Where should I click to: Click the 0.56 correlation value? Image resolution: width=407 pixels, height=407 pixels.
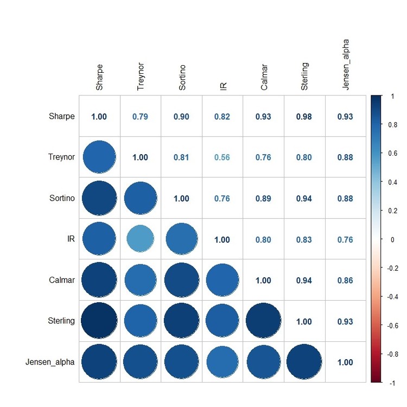pyautogui.click(x=222, y=157)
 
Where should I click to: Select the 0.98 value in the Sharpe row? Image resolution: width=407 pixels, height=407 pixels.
pyautogui.click(x=304, y=117)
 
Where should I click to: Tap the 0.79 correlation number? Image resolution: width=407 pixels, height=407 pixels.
pyautogui.click(x=140, y=117)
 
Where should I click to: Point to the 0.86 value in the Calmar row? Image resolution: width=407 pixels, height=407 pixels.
pyautogui.click(x=345, y=281)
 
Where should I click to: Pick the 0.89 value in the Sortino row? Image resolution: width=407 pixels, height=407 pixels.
pyautogui.click(x=263, y=199)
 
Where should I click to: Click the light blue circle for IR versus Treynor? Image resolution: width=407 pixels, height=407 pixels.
pyautogui.click(x=140, y=239)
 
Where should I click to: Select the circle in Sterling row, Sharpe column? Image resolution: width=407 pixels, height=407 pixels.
pyautogui.click(x=99, y=321)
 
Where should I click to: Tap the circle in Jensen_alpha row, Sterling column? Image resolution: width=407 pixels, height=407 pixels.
pyautogui.click(x=304, y=361)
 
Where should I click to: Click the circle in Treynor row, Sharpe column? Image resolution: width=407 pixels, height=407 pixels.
pyautogui.click(x=99, y=157)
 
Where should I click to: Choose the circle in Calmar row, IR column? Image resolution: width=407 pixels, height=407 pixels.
pyautogui.click(x=222, y=280)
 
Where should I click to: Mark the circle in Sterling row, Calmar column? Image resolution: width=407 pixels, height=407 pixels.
pyautogui.click(x=263, y=321)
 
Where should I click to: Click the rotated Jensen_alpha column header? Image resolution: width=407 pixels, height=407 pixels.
pyautogui.click(x=345, y=65)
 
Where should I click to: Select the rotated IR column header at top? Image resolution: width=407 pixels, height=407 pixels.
pyautogui.click(x=223, y=86)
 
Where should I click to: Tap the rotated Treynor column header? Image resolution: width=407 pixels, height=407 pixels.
pyautogui.click(x=140, y=77)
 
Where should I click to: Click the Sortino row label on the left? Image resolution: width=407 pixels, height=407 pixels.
pyautogui.click(x=62, y=198)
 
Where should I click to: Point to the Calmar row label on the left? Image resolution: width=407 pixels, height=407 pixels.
pyautogui.click(x=62, y=280)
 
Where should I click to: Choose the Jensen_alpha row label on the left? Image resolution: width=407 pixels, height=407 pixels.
pyautogui.click(x=50, y=362)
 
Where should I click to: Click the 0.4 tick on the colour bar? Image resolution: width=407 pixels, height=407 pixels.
pyautogui.click(x=393, y=182)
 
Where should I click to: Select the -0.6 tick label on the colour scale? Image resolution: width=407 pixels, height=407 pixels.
pyautogui.click(x=392, y=326)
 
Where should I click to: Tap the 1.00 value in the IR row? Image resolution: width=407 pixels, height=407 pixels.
pyautogui.click(x=222, y=239)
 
